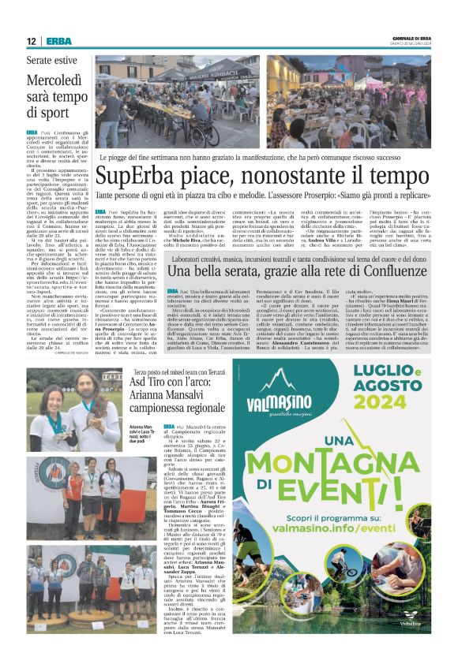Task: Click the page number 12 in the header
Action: (x=30, y=40)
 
